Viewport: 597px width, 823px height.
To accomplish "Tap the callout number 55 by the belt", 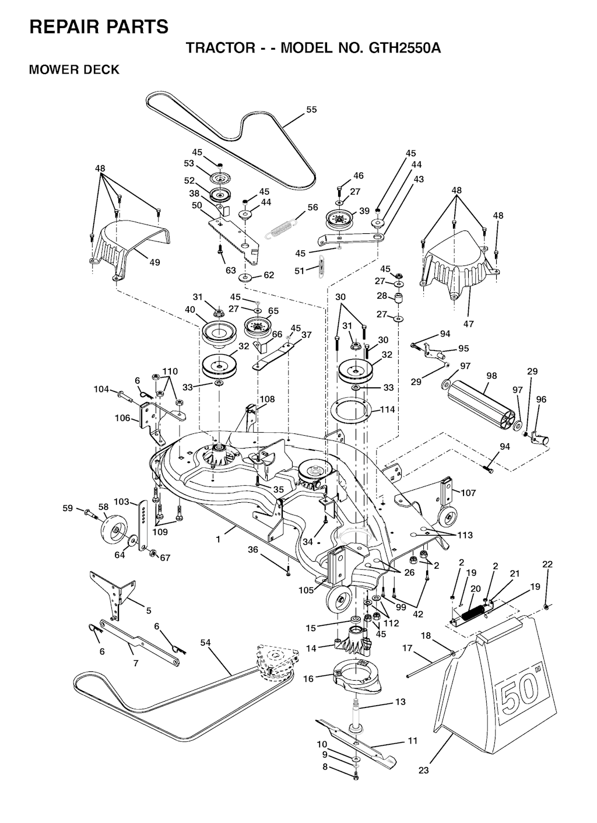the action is [x=311, y=110].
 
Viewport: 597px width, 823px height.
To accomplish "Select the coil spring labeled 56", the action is [x=280, y=229].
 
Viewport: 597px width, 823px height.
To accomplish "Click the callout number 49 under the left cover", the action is [x=154, y=262].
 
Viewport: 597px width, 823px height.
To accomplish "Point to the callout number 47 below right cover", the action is [x=469, y=324].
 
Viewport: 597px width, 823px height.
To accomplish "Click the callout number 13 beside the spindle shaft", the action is [x=401, y=702].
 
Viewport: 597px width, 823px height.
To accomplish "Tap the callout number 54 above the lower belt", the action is [x=206, y=643].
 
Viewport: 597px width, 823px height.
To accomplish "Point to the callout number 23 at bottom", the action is [x=424, y=780].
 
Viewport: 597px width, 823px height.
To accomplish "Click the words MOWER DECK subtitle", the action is [x=74, y=69].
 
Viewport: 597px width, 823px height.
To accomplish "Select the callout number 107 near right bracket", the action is [x=468, y=492].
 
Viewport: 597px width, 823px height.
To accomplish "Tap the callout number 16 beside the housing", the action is [x=309, y=678].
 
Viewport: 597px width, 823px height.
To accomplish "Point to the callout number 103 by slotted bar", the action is [x=121, y=502].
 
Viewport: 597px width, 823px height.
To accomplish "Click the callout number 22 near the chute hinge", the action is [x=547, y=565].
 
